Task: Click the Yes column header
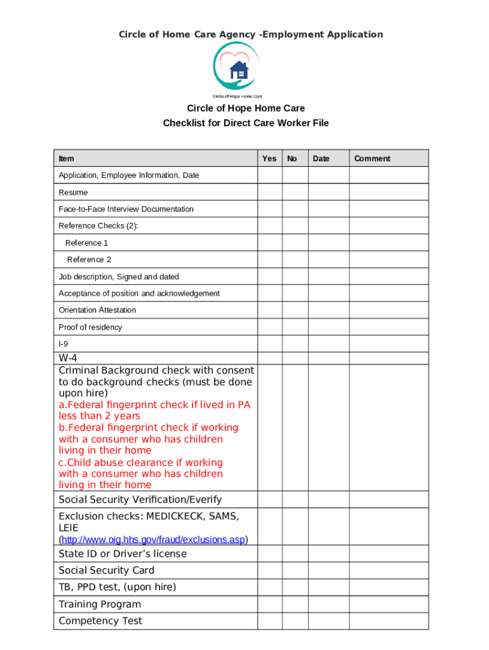click(269, 159)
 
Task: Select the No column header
click(292, 159)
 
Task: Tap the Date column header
click(321, 159)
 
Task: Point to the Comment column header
click(372, 159)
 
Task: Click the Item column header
click(66, 159)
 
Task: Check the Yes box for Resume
click(270, 192)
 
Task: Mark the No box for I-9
click(295, 343)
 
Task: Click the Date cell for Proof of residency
click(328, 327)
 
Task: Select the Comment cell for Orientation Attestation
click(389, 310)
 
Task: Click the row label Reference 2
click(89, 260)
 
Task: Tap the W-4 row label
click(68, 358)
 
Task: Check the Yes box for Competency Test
click(270, 621)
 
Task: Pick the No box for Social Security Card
click(295, 570)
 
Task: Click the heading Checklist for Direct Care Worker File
click(246, 123)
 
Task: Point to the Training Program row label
click(100, 604)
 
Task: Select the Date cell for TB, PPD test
click(328, 587)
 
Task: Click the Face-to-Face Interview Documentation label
click(126, 209)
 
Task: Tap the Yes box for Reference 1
click(270, 242)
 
